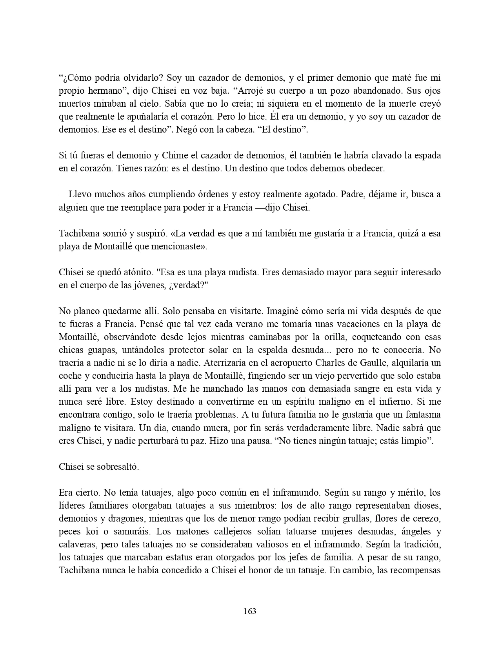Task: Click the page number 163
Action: (x=250, y=611)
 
